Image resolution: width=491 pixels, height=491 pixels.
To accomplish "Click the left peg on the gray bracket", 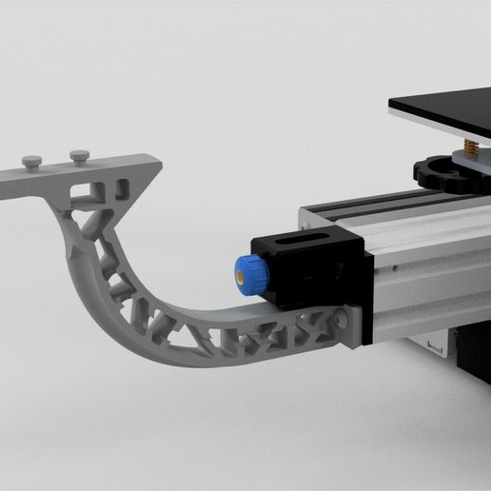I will point(34,159).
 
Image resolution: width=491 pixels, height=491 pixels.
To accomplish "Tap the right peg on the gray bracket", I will point(79,152).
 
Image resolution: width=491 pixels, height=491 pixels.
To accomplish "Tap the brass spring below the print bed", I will point(470,144).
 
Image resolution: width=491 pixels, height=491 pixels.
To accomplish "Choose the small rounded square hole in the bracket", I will point(122,182).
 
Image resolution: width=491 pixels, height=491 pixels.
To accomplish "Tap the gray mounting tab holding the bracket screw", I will point(348,324).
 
